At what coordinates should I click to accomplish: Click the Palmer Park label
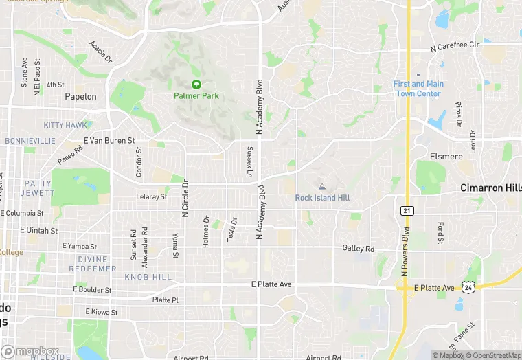coord(196,96)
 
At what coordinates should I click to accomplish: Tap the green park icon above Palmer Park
coord(196,85)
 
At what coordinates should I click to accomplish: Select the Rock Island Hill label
coord(322,198)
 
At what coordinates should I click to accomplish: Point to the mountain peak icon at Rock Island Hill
coord(321,186)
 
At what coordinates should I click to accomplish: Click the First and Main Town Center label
coord(418,89)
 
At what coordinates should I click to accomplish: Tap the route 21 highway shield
coord(407,210)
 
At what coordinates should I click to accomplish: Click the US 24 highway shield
coord(468,287)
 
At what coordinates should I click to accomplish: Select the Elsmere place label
coord(446,157)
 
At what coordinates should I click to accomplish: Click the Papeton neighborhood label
coord(80,97)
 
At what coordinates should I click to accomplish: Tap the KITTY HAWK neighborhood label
coord(65,125)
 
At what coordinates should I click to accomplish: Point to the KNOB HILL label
coord(148,277)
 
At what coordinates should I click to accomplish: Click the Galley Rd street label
coord(359,249)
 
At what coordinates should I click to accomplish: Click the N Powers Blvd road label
coord(405,252)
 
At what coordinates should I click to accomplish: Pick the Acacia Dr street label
coord(100,51)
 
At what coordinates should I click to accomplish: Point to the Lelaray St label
coord(151,197)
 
